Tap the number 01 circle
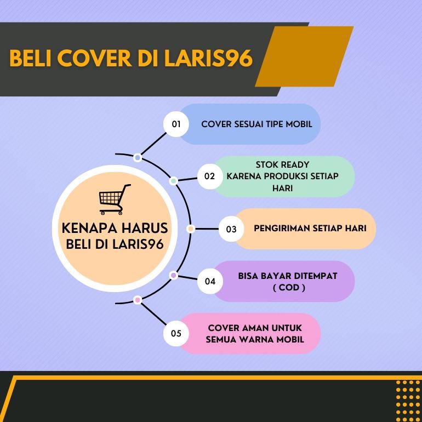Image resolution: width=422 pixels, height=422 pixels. coord(176,124)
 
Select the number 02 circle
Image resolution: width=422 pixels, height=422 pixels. coord(210,176)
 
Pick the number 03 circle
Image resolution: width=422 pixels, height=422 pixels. coord(231,229)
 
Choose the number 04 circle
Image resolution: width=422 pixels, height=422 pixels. coord(210,281)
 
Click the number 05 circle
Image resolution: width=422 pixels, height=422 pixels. coord(176,333)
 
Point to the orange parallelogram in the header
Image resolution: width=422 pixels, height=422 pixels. coord(304,56)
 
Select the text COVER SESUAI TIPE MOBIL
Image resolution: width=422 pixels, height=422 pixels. coord(256,124)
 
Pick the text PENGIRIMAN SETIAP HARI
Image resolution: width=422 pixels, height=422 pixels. coord(310,228)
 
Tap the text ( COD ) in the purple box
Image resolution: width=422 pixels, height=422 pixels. coord(288,287)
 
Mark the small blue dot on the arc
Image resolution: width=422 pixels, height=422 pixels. coord(138,158)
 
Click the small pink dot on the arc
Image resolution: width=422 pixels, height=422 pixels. coord(138,300)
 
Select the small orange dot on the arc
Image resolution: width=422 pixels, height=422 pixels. coord(191,229)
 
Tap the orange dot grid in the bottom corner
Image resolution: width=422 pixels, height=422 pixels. coord(408,400)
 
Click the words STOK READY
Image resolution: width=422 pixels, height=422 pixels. coord(282,164)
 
